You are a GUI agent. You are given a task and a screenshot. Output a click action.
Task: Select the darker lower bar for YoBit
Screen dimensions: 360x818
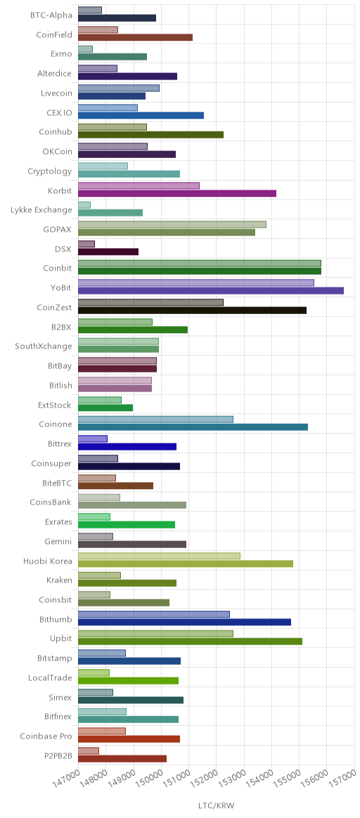(211, 290)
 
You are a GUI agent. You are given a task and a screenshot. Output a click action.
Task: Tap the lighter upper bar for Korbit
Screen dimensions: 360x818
(139, 186)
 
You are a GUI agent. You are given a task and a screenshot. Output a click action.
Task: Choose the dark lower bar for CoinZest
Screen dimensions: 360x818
(193, 311)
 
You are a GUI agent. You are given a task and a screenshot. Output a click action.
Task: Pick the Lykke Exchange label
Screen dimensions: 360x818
(41, 210)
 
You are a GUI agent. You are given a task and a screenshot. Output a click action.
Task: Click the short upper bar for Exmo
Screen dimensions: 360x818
(86, 49)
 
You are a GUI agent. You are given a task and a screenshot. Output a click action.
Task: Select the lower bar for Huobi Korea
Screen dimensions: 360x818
(186, 564)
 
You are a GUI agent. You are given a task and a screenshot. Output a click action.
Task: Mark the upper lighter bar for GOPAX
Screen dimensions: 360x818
(172, 224)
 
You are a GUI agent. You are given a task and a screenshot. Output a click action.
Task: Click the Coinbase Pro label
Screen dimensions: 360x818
(46, 736)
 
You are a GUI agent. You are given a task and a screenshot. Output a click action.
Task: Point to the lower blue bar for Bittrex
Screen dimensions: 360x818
(127, 446)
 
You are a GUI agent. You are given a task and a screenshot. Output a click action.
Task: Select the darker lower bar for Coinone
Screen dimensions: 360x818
(193, 427)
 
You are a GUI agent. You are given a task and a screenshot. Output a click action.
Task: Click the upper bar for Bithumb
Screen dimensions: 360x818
(154, 614)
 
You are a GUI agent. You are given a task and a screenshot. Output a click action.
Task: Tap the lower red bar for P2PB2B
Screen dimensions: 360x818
(122, 758)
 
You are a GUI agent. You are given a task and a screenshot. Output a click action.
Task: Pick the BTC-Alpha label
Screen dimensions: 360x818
(51, 15)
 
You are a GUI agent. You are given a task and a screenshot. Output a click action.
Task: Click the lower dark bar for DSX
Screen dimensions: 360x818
(108, 252)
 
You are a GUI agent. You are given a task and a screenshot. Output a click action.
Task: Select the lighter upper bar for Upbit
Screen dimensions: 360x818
(156, 634)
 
